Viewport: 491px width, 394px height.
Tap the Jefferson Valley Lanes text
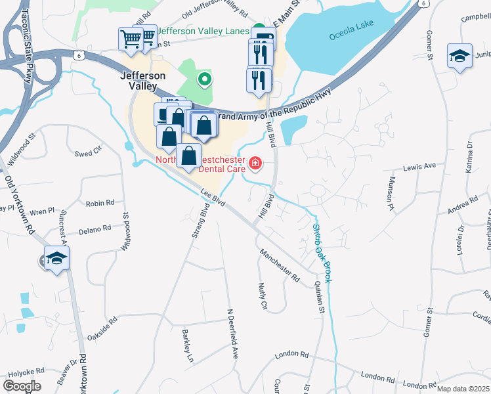203,31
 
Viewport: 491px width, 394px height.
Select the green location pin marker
205,79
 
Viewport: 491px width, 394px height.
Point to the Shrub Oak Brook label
322,253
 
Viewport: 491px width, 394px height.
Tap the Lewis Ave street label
419,167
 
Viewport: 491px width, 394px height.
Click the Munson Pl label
391,194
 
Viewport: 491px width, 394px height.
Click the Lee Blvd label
213,198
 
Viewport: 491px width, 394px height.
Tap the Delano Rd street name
96,229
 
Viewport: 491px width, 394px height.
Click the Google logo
21,385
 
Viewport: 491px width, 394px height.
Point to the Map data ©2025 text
463,389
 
